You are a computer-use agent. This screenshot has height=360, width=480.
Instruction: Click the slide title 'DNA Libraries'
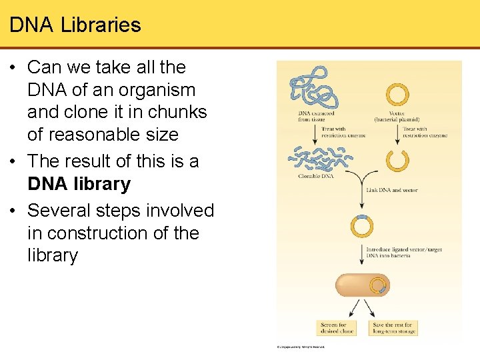tap(75, 25)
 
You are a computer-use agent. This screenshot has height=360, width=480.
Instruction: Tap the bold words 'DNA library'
tap(79, 184)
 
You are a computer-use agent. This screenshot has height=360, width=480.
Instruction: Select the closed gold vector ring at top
tap(397, 94)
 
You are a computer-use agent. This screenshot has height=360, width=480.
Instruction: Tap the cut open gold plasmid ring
tap(397, 161)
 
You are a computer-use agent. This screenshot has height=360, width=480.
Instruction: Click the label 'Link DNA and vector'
tap(392, 190)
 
